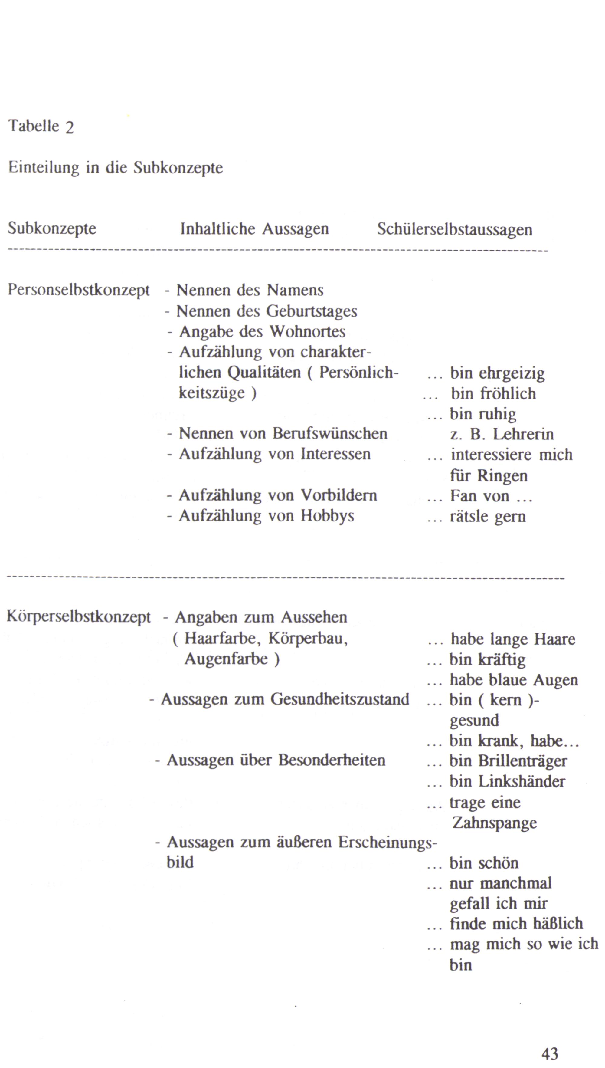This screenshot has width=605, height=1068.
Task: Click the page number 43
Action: (550, 1053)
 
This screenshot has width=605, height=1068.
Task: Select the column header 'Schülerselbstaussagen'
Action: (455, 229)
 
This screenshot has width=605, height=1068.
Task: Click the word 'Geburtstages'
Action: (312, 311)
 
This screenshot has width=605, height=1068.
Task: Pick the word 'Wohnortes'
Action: (307, 331)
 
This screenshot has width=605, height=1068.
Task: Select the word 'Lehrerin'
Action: (523, 434)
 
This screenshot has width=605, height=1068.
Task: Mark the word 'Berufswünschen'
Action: (330, 434)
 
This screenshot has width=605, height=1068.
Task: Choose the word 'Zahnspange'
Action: (495, 823)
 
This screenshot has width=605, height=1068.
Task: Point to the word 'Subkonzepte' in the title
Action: (178, 168)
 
